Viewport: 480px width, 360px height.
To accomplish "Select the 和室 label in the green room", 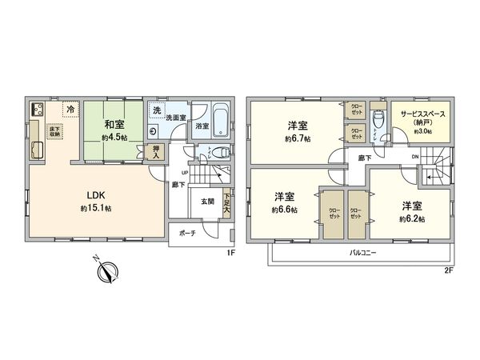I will tap(113, 125).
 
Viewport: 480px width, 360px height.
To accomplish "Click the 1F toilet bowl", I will tap(225, 151).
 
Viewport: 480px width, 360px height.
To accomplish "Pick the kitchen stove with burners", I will tap(36, 110).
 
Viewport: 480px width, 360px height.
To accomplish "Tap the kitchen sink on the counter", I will tap(37, 150).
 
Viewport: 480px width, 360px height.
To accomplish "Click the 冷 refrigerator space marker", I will tap(71, 110).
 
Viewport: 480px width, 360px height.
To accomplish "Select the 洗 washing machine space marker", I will tap(158, 110).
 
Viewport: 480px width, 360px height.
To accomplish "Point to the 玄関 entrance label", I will tap(207, 202).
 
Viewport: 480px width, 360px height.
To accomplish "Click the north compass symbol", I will tap(106, 273).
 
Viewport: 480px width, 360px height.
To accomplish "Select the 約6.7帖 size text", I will tap(297, 138).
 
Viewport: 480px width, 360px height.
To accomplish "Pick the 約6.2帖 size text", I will tap(413, 218).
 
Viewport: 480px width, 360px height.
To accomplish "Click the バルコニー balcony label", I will tap(363, 253).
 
